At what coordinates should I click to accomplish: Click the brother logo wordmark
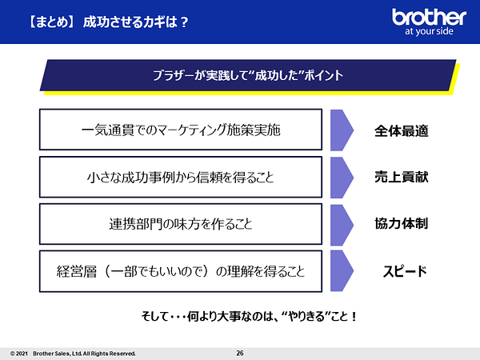(429, 17)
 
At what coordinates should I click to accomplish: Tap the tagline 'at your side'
(429, 31)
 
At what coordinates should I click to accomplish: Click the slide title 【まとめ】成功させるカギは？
(108, 22)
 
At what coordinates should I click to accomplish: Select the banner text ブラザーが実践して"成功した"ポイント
(248, 75)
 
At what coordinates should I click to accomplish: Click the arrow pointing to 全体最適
(342, 130)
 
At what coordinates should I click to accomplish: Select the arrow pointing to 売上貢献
(342, 178)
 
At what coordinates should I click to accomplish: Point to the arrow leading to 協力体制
(342, 225)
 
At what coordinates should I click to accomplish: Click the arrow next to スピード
(342, 270)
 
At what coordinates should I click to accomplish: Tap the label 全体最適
(402, 130)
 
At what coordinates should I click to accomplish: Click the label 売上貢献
(402, 177)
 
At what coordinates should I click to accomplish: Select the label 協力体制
(402, 223)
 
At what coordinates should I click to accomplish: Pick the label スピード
(405, 271)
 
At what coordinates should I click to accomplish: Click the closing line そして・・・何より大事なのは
(249, 316)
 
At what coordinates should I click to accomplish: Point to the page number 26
(240, 354)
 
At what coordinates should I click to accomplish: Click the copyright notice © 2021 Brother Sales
(73, 354)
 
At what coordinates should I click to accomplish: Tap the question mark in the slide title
(184, 22)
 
